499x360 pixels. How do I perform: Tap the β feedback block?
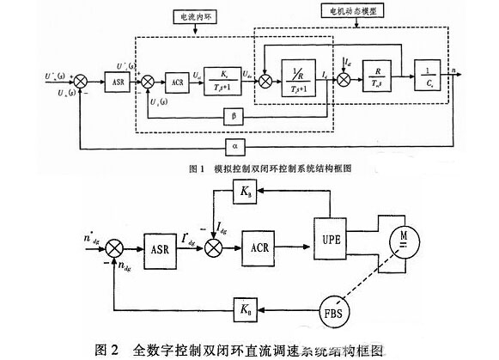pos(234,114)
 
